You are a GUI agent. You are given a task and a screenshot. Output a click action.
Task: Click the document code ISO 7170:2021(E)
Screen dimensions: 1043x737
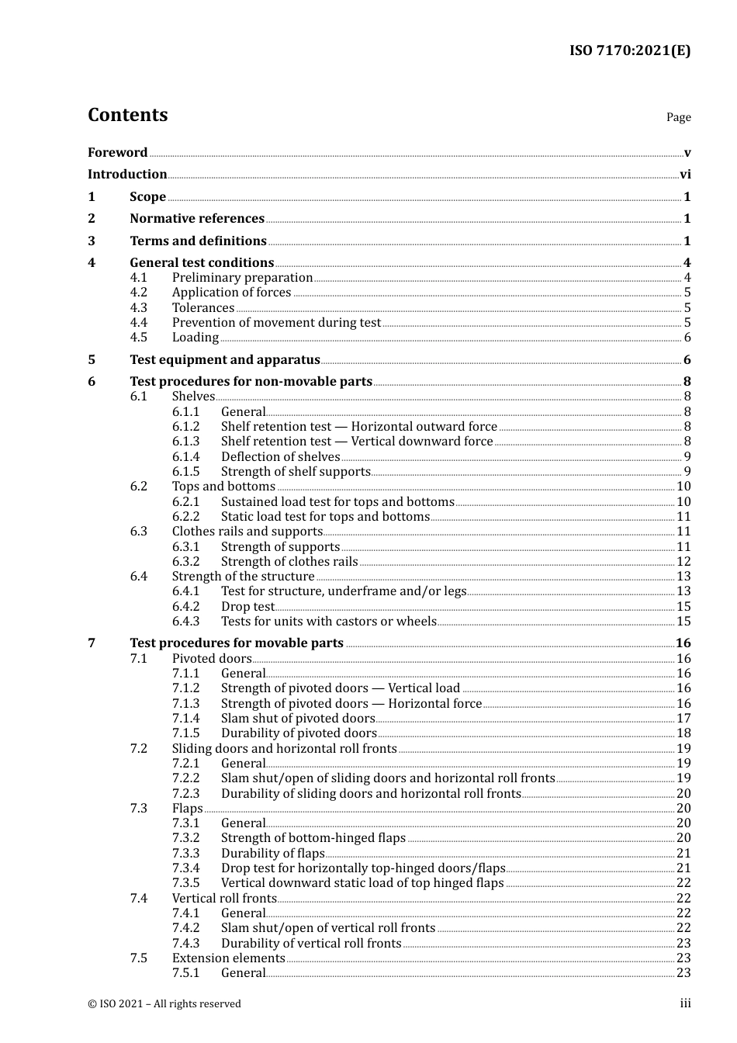629,50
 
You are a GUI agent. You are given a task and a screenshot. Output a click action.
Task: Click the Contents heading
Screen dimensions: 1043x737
127,115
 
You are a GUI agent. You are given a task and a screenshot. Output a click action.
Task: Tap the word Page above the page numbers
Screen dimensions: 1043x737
678,117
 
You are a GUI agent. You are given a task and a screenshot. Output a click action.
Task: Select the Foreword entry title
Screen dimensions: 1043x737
117,152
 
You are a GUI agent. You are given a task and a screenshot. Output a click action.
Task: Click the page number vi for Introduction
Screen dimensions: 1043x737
685,175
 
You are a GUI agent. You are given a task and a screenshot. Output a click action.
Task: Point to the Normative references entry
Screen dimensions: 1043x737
197,219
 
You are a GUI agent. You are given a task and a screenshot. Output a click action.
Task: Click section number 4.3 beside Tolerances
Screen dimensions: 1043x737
139,308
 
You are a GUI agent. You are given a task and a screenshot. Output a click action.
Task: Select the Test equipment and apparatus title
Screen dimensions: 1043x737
225,360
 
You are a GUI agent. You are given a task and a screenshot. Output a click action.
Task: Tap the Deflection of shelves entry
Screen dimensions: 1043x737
280,457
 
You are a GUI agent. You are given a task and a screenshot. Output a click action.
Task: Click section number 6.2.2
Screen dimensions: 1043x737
185,517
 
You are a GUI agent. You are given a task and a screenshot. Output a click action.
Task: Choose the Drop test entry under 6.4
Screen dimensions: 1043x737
247,607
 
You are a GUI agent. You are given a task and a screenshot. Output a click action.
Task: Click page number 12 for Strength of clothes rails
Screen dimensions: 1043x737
683,562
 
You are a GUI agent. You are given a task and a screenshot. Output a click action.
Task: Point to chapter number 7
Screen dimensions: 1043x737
92,643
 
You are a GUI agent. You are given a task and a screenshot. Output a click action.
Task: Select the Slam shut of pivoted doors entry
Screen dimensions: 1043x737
298,719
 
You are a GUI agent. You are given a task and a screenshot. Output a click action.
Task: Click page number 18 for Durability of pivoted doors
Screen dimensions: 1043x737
683,733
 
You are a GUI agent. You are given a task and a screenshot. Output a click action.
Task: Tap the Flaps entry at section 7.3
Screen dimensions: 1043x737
187,809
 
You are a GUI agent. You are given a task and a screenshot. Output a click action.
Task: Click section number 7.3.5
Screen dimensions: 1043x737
185,883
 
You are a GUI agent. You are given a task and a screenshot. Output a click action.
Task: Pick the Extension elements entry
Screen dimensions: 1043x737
228,958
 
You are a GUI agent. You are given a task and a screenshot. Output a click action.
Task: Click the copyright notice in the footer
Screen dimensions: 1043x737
164,1004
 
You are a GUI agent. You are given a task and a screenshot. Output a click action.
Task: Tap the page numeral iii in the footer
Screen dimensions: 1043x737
685,1003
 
